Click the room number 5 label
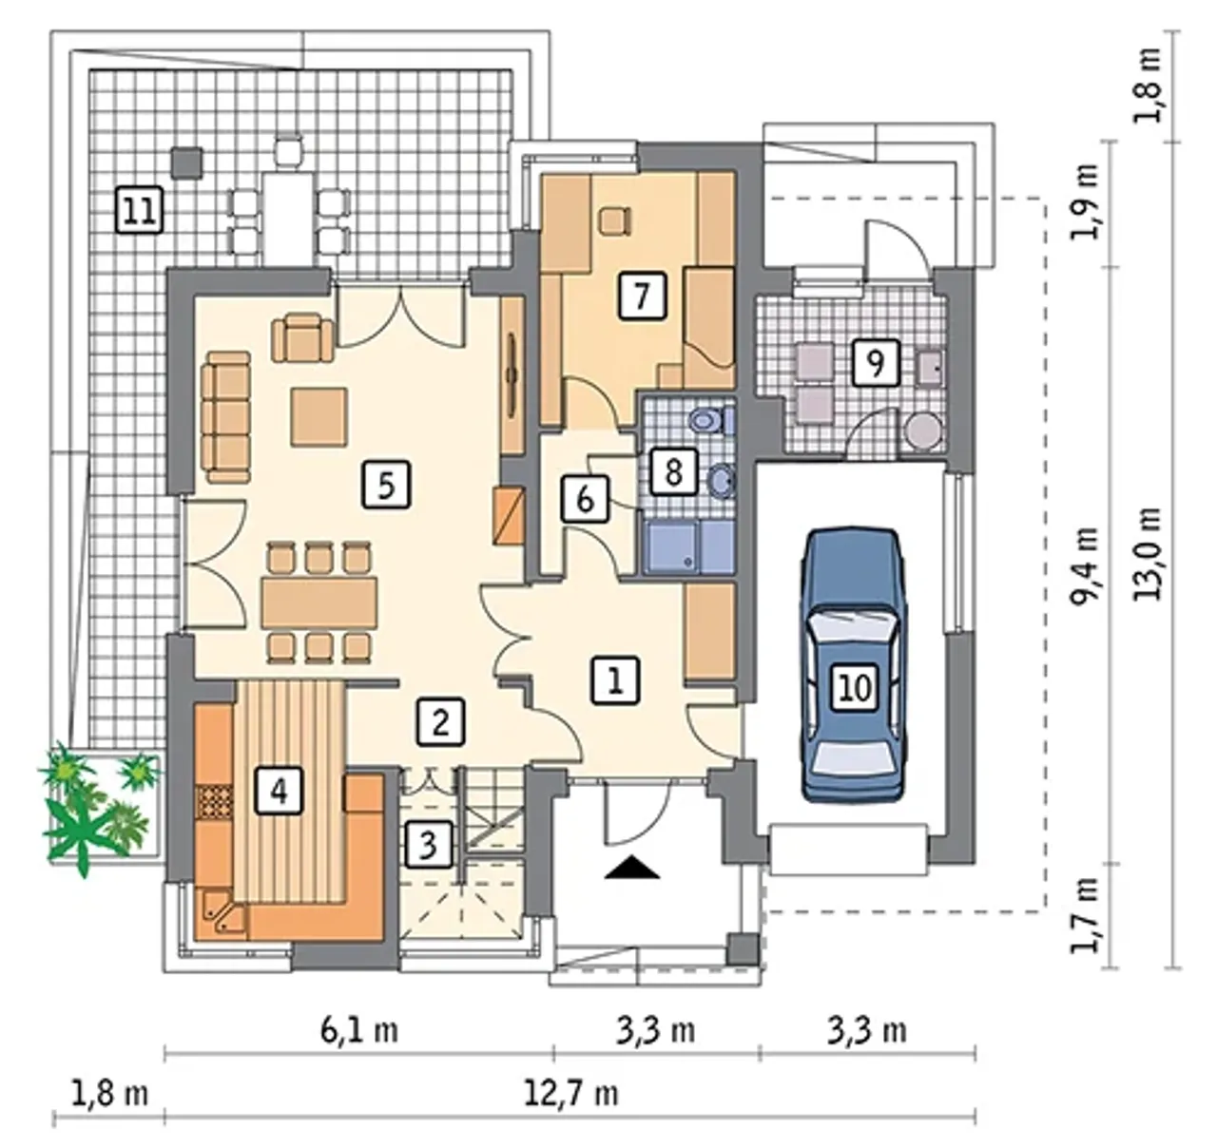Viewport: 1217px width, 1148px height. [x=386, y=486]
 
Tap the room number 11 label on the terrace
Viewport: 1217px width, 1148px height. [x=139, y=210]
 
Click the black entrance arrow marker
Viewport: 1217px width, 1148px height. [x=631, y=868]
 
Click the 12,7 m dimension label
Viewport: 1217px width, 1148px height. [x=570, y=1093]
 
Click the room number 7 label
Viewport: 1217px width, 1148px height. [x=642, y=297]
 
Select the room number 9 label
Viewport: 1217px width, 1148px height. [x=876, y=363]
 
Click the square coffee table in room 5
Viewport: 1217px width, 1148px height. [x=319, y=416]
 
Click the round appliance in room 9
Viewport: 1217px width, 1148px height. [x=921, y=430]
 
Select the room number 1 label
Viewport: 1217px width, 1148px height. [x=616, y=680]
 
